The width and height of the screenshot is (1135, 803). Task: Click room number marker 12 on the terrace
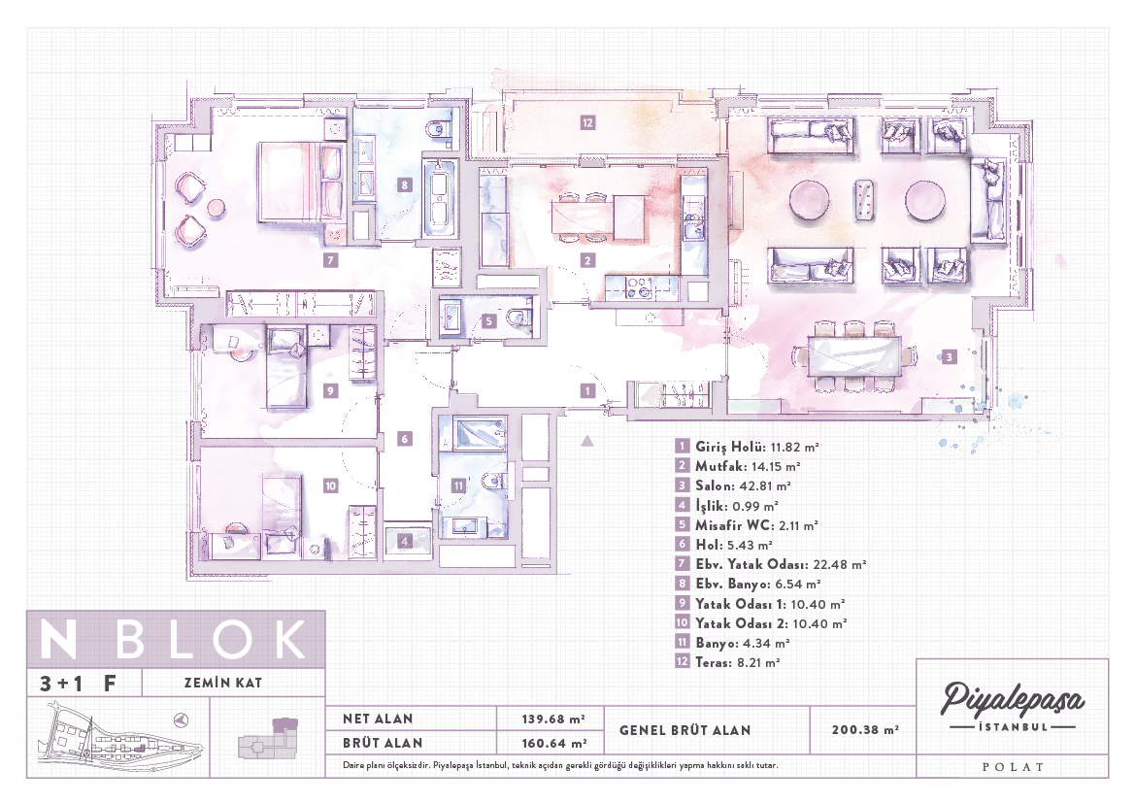click(587, 123)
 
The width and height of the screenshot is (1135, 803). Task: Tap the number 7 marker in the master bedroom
click(331, 260)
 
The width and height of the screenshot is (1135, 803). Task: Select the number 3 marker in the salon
click(949, 357)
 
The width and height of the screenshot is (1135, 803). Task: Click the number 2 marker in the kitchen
click(587, 260)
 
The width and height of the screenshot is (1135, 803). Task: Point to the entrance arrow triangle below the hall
click(587, 440)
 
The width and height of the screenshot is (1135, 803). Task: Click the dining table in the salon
click(854, 355)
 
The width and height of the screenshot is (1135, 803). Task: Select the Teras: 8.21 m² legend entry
click(727, 662)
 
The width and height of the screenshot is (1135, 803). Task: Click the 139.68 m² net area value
click(553, 719)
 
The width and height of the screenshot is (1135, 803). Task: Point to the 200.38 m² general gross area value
click(865, 730)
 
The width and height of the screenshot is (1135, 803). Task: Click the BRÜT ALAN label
click(383, 743)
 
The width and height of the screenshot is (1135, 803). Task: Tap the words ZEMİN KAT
click(223, 682)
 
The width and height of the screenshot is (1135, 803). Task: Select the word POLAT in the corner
click(1013, 767)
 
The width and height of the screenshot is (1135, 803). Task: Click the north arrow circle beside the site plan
click(182, 719)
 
